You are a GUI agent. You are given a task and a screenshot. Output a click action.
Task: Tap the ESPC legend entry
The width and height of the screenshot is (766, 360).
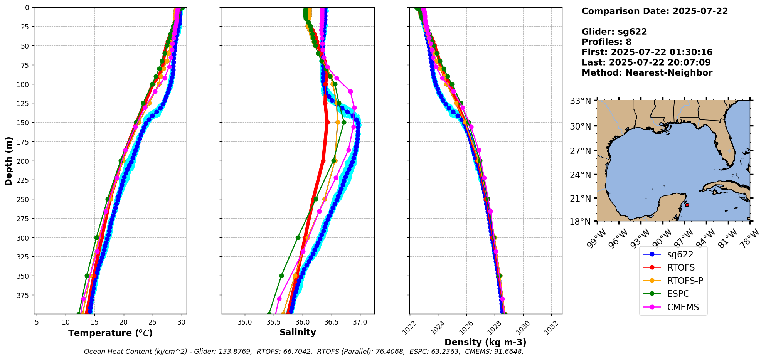pos(678,294)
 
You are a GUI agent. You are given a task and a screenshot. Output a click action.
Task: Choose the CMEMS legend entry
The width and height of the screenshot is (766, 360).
pos(683,307)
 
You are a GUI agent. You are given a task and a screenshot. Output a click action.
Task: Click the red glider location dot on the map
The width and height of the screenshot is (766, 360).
pos(687,205)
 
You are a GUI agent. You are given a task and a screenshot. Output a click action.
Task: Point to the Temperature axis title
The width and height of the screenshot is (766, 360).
pos(110,333)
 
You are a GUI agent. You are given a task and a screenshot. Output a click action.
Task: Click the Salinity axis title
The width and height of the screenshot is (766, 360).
pos(298,332)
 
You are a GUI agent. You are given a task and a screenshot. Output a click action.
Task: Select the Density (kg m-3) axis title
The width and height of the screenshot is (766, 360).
pos(485,342)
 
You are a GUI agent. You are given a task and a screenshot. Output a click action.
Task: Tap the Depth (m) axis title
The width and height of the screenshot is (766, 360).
pos(8,161)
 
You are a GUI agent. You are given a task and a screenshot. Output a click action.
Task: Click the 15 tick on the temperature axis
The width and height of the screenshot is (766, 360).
pos(94,322)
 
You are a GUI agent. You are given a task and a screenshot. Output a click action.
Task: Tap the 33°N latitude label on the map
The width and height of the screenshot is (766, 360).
pos(581,101)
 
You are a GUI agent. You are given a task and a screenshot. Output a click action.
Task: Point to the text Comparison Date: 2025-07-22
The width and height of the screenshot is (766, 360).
pos(655,11)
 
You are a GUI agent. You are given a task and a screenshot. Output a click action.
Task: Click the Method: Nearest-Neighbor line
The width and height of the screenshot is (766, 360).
pos(647,73)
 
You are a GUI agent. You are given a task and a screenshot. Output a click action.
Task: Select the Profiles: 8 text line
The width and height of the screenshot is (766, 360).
pos(606,42)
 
